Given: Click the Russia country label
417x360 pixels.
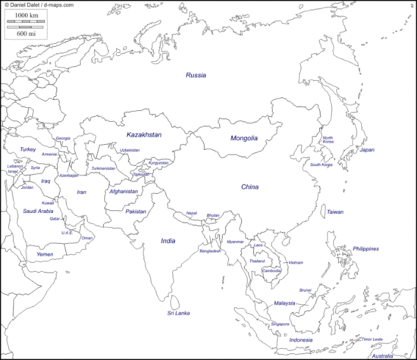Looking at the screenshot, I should [196, 75].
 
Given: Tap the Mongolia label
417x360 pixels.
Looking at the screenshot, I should [244, 139].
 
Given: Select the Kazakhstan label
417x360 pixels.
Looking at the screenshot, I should [144, 134].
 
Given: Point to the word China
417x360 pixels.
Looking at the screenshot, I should [250, 186].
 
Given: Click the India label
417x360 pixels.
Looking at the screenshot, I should [168, 240].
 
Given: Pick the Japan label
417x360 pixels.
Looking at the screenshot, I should [367, 150].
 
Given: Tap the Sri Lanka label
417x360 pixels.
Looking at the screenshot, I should [179, 313].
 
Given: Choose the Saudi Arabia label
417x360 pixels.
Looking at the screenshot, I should [38, 211].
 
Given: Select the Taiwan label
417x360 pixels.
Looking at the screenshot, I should [335, 212].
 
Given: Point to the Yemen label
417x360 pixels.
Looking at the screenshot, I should [45, 255].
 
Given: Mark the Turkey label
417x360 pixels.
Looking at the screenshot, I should [28, 149].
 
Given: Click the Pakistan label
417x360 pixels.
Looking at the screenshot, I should [136, 211].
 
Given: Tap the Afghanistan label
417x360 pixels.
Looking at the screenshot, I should [124, 192].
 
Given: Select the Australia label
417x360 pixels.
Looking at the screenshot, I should [383, 355].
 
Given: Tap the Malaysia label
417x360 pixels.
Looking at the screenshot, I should [284, 303].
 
